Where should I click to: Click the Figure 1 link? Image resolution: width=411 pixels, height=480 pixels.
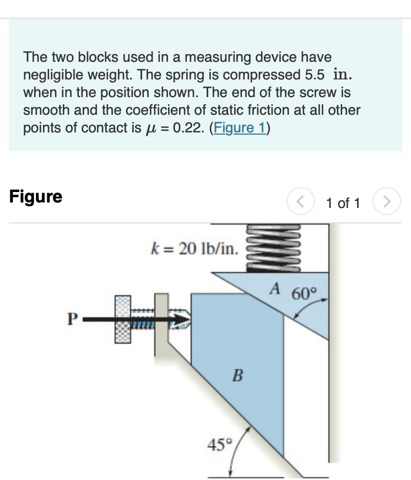(x=240, y=127)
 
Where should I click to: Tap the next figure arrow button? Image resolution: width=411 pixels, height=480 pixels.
(x=387, y=202)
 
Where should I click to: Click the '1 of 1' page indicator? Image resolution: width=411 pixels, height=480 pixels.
(x=343, y=203)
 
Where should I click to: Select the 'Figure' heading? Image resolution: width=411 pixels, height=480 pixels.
(x=36, y=197)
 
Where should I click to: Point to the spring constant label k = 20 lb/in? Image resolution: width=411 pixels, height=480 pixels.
(x=194, y=249)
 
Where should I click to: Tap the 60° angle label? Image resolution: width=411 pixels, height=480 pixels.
(x=303, y=292)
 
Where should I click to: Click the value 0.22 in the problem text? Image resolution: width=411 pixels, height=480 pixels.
(x=188, y=127)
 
